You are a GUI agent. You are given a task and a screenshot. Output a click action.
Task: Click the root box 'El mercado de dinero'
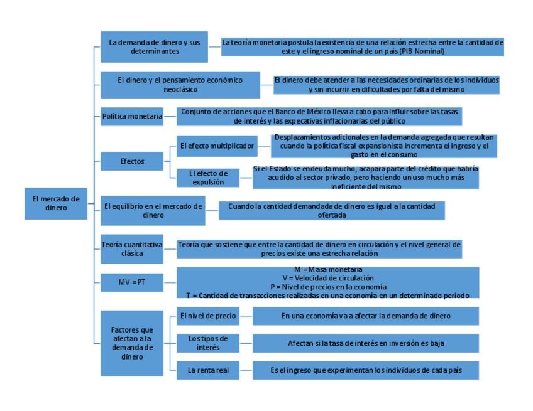pos(56,203)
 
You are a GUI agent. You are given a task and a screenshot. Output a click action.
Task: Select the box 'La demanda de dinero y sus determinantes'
pos(155,46)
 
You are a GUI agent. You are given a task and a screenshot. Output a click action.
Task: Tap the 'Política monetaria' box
pos(132,116)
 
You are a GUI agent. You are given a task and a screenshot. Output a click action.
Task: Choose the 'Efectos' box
pos(132,161)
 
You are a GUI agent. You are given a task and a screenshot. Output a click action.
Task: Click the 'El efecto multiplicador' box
pos(216,146)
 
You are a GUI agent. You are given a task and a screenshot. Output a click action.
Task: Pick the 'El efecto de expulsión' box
pos(208,178)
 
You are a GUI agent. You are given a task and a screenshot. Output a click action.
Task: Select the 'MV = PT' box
pos(132,282)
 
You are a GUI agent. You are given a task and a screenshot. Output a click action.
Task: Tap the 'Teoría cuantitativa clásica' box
pos(132,249)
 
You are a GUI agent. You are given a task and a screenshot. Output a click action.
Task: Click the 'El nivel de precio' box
pos(208,316)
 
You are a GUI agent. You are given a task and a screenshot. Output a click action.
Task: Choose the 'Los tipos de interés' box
pos(208,343)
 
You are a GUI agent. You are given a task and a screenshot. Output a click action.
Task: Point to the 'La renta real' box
pos(208,370)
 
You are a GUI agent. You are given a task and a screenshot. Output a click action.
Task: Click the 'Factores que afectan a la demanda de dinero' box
pos(132,343)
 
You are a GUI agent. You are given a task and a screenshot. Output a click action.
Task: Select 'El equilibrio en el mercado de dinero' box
pos(153,210)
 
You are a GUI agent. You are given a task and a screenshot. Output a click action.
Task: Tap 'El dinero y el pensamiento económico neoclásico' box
pos(180,85)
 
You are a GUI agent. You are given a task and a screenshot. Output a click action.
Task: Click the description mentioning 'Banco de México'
pos(319,116)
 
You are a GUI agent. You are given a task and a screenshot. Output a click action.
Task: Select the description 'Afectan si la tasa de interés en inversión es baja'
pos(366,343)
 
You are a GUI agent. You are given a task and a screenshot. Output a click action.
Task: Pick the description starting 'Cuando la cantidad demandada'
pos(331,210)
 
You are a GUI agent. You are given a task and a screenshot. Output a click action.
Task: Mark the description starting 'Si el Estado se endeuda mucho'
pos(366,178)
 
